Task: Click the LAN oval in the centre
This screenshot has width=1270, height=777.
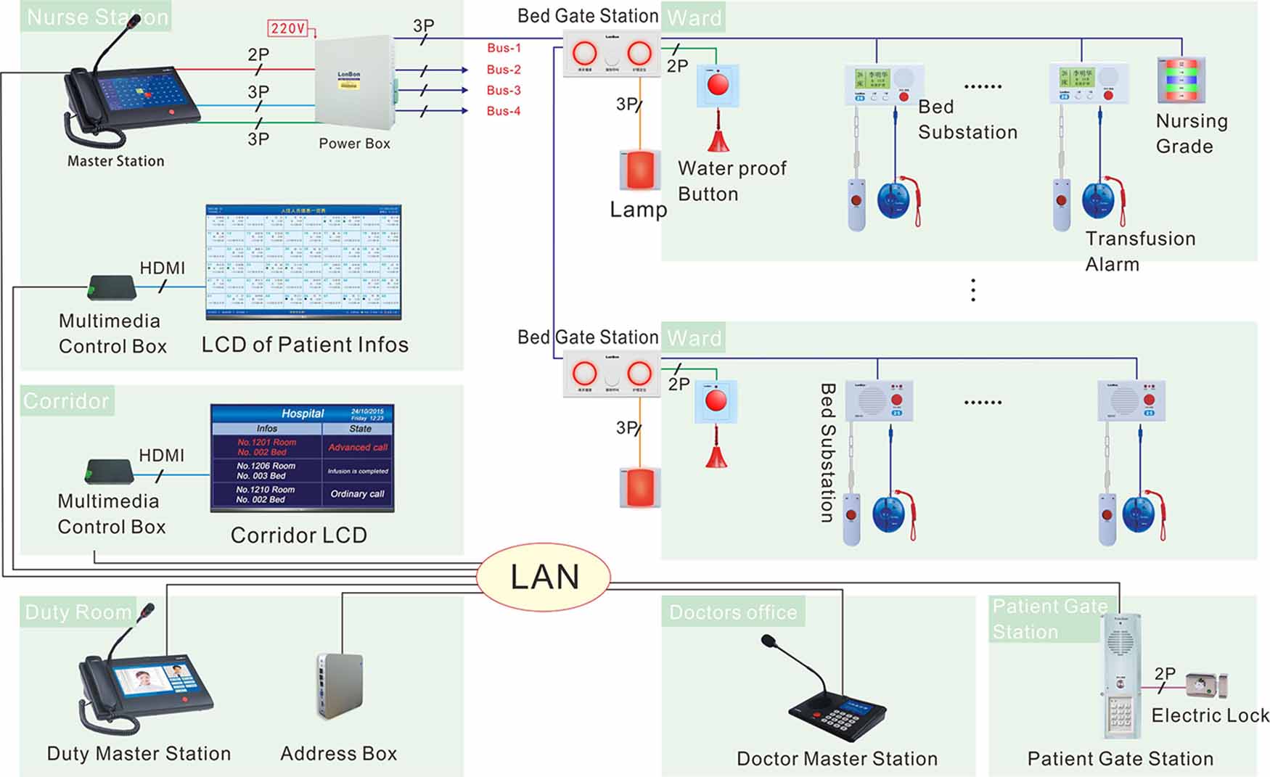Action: click(544, 577)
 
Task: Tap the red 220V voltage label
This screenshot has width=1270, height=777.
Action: click(288, 28)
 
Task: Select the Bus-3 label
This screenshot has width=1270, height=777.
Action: click(504, 90)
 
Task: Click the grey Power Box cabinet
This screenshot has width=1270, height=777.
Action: click(354, 83)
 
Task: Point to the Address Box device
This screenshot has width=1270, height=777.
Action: click(340, 686)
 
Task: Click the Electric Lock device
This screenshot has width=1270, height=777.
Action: click(1207, 684)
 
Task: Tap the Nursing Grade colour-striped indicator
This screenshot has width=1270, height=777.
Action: click(1181, 80)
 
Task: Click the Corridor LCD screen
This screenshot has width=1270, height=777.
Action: click(302, 459)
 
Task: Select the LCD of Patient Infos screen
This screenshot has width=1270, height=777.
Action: click(303, 262)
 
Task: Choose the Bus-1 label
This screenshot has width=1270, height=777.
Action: click(504, 48)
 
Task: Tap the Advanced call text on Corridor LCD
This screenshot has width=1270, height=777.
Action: click(358, 447)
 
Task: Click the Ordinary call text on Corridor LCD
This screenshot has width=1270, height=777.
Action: click(357, 494)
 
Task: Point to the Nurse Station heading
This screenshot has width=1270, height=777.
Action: click(97, 17)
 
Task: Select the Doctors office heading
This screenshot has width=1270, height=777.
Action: click(733, 612)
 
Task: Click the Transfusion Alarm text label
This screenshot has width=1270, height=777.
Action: click(1139, 251)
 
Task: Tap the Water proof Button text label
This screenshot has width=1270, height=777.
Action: click(732, 181)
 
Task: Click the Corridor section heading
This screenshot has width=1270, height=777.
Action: click(66, 400)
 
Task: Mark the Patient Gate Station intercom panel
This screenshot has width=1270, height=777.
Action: click(1119, 675)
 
